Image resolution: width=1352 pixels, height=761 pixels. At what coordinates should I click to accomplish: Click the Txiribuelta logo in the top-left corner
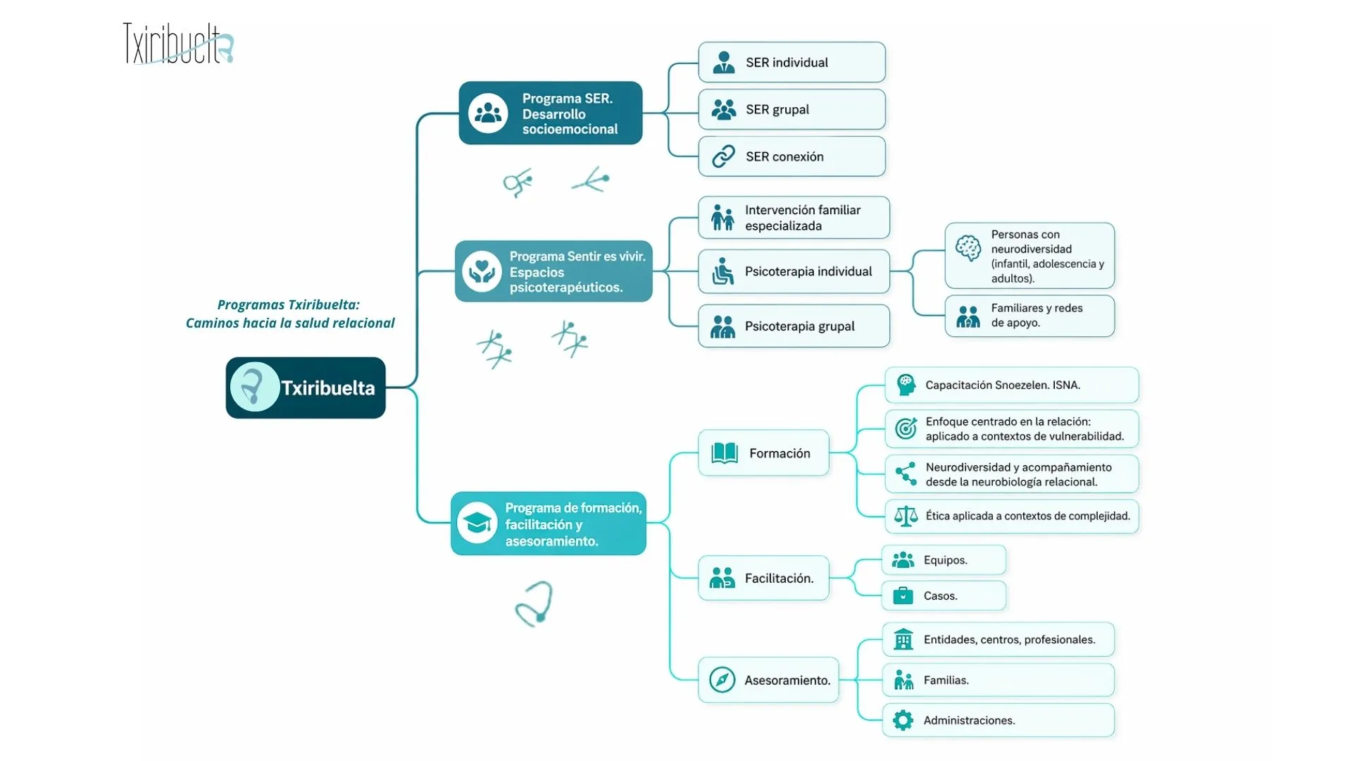(178, 44)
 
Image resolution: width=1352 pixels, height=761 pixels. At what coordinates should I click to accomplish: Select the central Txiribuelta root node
(306, 388)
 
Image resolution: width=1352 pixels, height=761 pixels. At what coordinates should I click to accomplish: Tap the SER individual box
(791, 62)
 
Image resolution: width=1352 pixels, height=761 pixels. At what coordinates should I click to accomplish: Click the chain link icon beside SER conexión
(723, 156)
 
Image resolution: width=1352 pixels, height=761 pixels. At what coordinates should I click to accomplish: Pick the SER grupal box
(791, 109)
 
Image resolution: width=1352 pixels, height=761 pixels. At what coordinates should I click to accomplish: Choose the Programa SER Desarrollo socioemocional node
(551, 113)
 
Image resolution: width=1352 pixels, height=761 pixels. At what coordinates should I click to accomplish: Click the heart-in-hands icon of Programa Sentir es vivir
(482, 271)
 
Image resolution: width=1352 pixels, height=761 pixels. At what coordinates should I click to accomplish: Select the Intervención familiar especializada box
(794, 218)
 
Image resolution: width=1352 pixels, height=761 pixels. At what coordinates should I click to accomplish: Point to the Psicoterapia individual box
(794, 271)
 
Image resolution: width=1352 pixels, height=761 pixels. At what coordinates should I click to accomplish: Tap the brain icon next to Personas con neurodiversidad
(968, 248)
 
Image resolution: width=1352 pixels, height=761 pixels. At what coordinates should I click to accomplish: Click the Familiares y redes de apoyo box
(1029, 316)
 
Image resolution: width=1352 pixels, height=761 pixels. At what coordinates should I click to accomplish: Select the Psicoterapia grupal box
(794, 326)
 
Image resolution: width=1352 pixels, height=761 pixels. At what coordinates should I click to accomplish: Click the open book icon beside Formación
(724, 453)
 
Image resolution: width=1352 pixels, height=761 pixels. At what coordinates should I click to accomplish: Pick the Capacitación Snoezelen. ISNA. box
(1011, 385)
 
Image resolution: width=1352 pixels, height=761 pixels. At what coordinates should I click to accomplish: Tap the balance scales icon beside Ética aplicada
(906, 516)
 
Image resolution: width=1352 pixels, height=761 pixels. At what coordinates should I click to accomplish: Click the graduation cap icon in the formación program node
(477, 524)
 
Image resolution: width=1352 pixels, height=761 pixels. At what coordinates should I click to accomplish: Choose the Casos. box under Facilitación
(944, 596)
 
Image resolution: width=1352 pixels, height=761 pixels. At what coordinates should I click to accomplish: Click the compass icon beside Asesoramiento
(722, 680)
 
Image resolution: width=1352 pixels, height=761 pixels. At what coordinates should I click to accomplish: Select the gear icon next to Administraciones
(903, 720)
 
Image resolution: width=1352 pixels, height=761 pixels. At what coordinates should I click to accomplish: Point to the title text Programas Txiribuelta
(288, 305)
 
